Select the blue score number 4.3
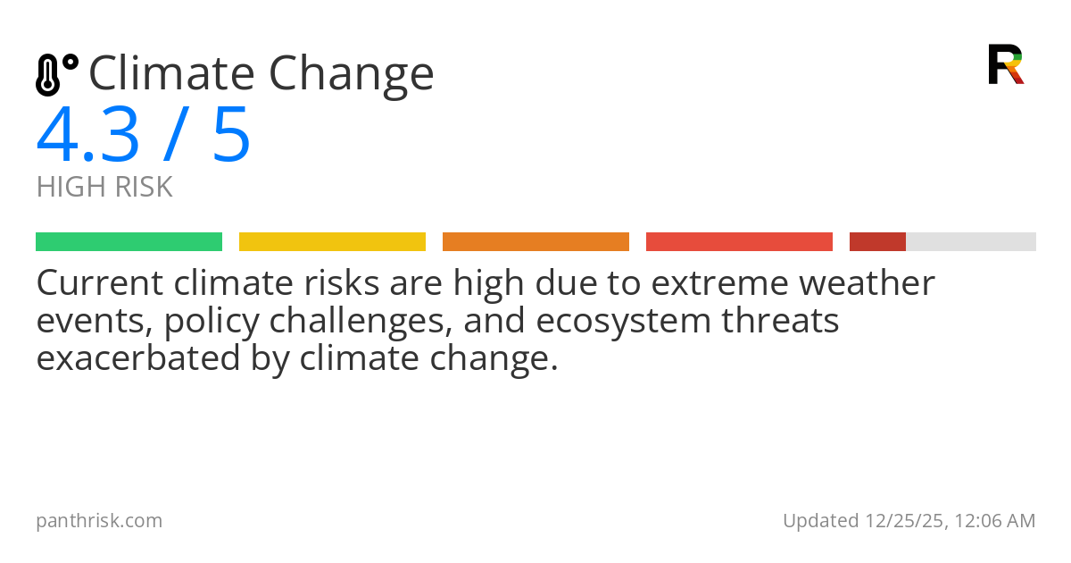pos(88,136)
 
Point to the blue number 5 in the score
pos(231,136)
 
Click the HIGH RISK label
pos(104,188)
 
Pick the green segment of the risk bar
pos(129,242)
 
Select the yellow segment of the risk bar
pos(332,242)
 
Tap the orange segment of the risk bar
pos(535,242)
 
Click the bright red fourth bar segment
pos(739,242)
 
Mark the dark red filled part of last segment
pos(877,242)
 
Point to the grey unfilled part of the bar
pos(971,242)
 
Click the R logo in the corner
pos(1005,64)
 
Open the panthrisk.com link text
pos(99,521)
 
